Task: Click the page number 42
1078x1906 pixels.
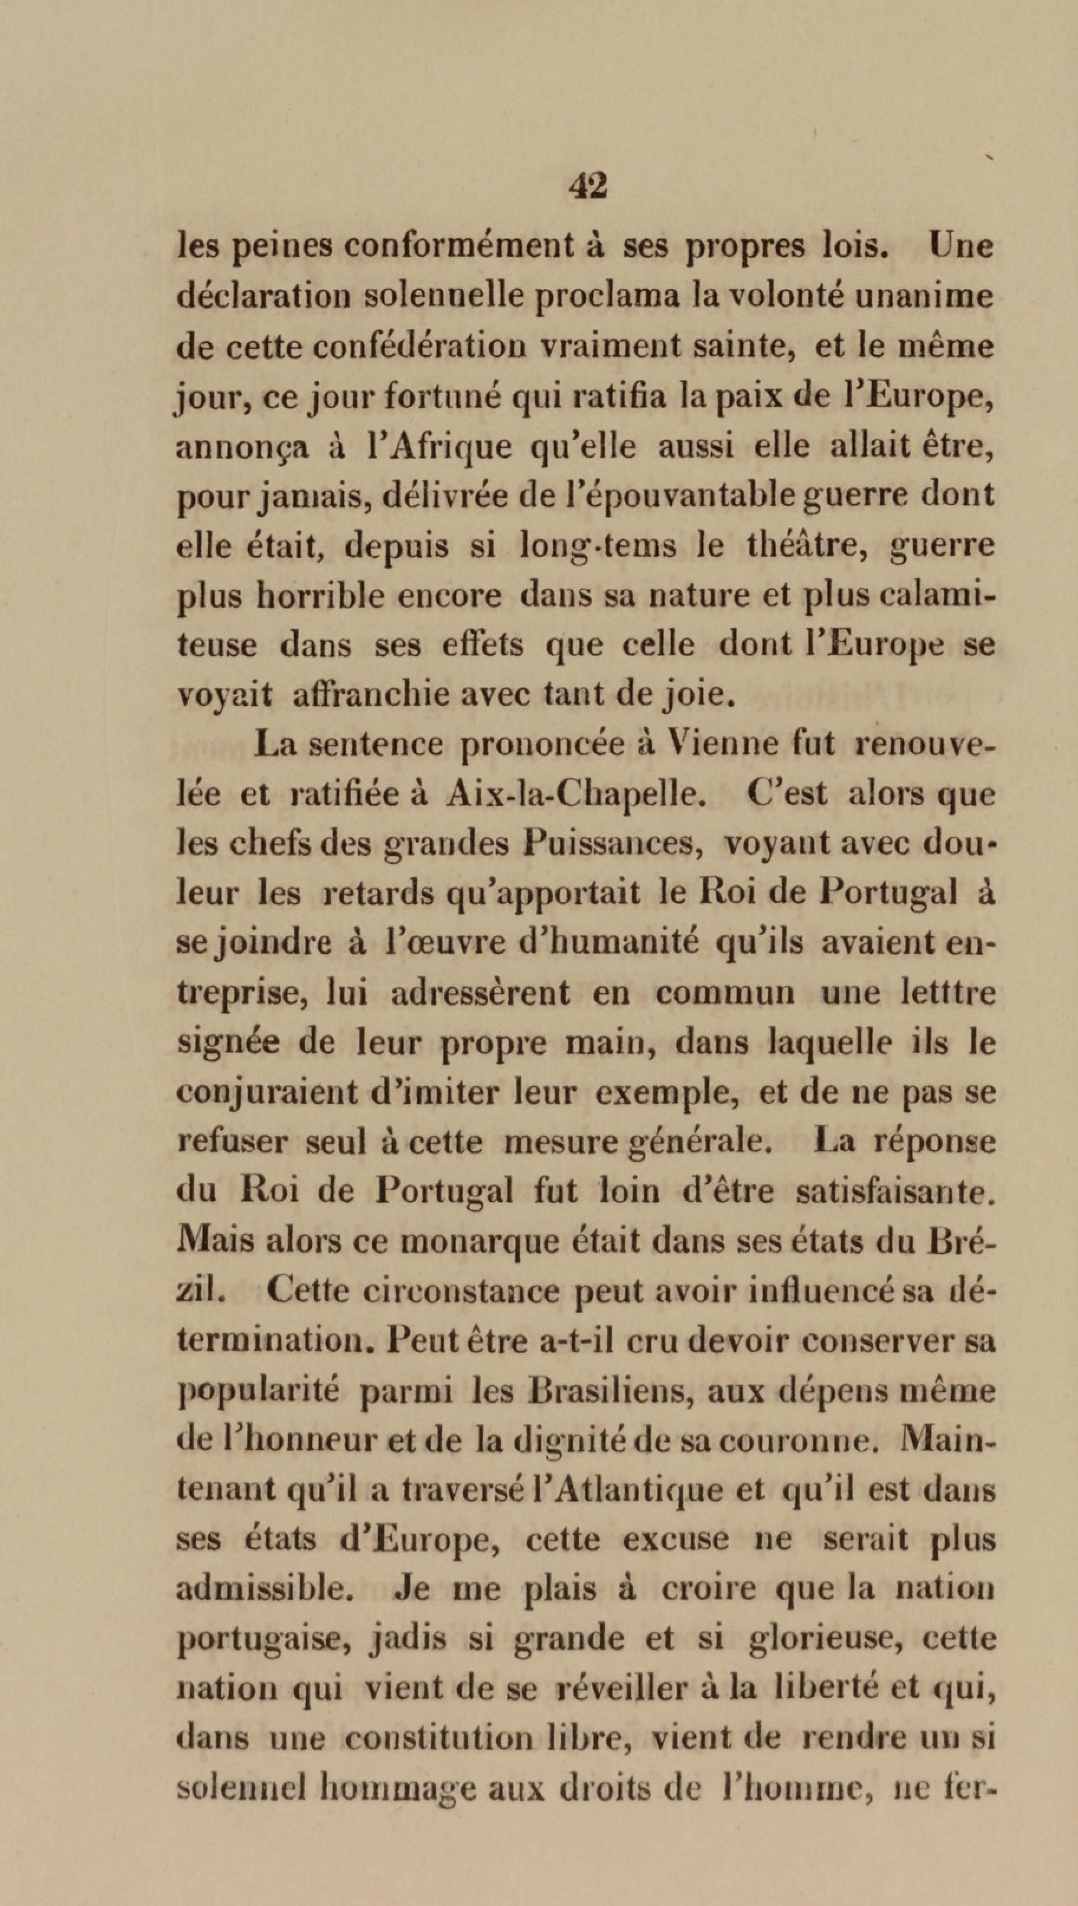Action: coord(588,187)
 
